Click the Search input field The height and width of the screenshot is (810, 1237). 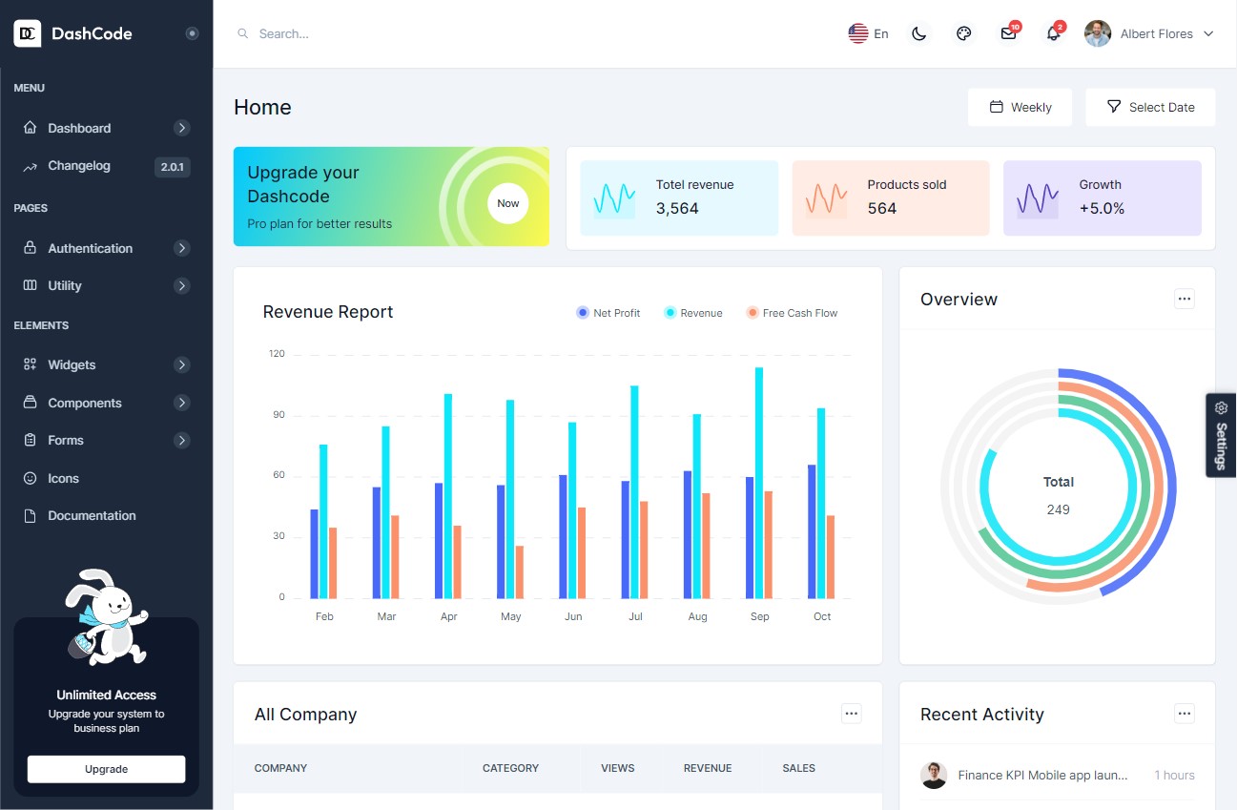click(381, 33)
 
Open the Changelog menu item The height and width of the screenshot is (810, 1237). click(79, 166)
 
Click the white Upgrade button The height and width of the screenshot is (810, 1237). click(106, 769)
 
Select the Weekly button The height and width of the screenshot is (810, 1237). click(1020, 107)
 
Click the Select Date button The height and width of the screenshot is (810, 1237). click(1150, 107)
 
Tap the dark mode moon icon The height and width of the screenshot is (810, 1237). click(918, 33)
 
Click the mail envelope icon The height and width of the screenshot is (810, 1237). click(1008, 33)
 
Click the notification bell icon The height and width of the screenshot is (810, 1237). click(1053, 33)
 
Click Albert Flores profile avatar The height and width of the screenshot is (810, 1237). click(1098, 33)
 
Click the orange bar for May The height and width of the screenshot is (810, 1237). click(520, 572)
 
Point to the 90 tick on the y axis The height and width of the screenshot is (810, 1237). click(278, 415)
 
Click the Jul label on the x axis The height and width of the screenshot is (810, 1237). click(635, 616)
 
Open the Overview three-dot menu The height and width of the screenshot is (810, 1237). click(1184, 299)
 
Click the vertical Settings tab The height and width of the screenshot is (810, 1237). click(1221, 435)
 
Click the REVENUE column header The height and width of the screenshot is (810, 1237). click(708, 768)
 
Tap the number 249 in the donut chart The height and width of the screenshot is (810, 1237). click(1058, 509)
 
